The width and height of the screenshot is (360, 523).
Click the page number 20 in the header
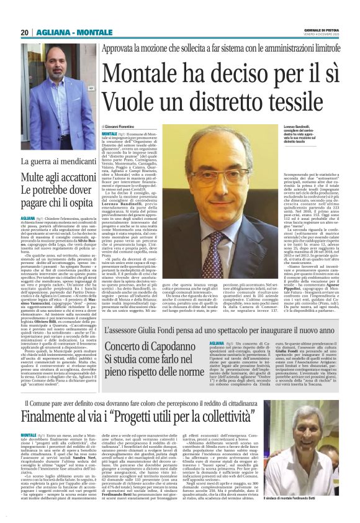tap(25, 32)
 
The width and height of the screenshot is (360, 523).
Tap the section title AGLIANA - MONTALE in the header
tap(65, 32)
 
